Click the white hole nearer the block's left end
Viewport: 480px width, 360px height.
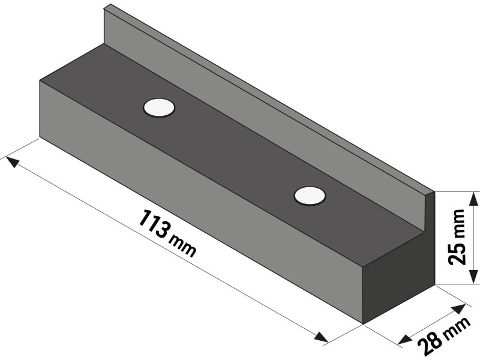159,107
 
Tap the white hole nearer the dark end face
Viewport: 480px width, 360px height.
310,195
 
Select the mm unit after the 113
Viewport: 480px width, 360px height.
184,245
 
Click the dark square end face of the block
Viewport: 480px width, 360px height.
399,270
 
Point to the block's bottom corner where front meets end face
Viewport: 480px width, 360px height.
364,323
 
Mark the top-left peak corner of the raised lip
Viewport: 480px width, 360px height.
106,7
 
